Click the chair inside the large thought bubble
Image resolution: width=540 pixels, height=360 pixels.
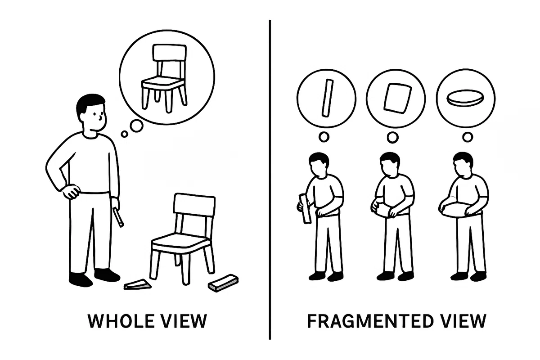pyautogui.click(x=164, y=78)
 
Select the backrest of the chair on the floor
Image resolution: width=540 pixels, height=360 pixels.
pyautogui.click(x=194, y=204)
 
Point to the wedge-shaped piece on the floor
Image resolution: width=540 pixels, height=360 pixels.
pyautogui.click(x=137, y=285)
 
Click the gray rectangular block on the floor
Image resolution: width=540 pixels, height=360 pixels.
pyautogui.click(x=224, y=283)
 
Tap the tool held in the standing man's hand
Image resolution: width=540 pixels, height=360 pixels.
pyautogui.click(x=118, y=217)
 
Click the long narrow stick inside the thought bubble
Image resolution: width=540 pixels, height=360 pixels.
pyautogui.click(x=328, y=98)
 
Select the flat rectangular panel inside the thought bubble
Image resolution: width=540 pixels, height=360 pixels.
pyautogui.click(x=397, y=98)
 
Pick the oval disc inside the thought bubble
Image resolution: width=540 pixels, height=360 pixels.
pyautogui.click(x=465, y=98)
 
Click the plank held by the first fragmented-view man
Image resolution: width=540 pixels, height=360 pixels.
pyautogui.click(x=305, y=209)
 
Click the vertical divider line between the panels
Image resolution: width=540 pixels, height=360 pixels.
pyautogui.click(x=270, y=180)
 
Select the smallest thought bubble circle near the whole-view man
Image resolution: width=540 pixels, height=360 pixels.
pyautogui.click(x=124, y=134)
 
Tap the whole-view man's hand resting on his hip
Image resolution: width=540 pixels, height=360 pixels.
pyautogui.click(x=71, y=191)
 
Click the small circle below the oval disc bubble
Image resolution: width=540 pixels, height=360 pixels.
pyautogui.click(x=468, y=137)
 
